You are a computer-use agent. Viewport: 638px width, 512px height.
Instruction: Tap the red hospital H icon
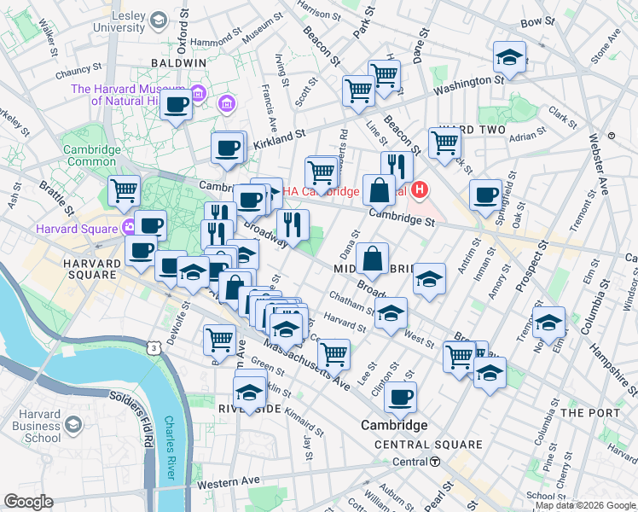pos(420,189)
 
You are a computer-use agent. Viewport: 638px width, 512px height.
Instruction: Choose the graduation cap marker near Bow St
pos(510,59)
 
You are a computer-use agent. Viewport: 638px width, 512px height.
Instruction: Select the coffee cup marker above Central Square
pos(400,397)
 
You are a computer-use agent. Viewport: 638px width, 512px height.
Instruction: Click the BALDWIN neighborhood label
pos(178,63)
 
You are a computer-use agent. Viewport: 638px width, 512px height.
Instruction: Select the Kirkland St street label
pos(279,141)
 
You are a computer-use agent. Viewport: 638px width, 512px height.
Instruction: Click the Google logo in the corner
pos(28,502)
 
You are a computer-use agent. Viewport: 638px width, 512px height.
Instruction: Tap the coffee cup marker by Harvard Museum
pos(177,107)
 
